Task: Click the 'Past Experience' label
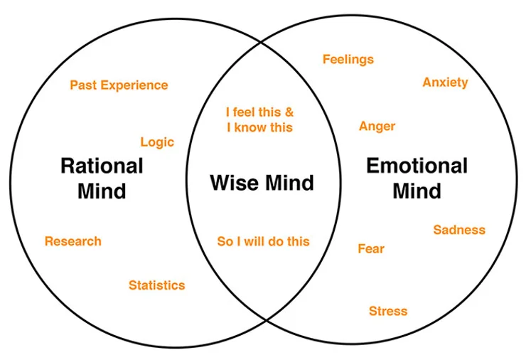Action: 119,85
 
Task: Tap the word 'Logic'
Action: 157,142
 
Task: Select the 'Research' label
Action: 73,241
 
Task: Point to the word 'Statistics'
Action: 156,285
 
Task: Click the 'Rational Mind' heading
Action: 102,179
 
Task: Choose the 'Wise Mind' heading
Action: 262,184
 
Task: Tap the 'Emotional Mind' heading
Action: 417,179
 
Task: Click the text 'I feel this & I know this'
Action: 259,120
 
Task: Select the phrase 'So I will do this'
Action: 263,241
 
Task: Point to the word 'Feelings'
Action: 348,59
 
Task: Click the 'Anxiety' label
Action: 445,83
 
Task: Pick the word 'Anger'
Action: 377,126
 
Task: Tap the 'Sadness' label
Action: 459,230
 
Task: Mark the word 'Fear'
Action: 371,249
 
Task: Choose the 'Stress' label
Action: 388,311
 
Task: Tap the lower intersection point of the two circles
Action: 265,321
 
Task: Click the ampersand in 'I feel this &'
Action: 288,112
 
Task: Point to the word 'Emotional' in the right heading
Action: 417,166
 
